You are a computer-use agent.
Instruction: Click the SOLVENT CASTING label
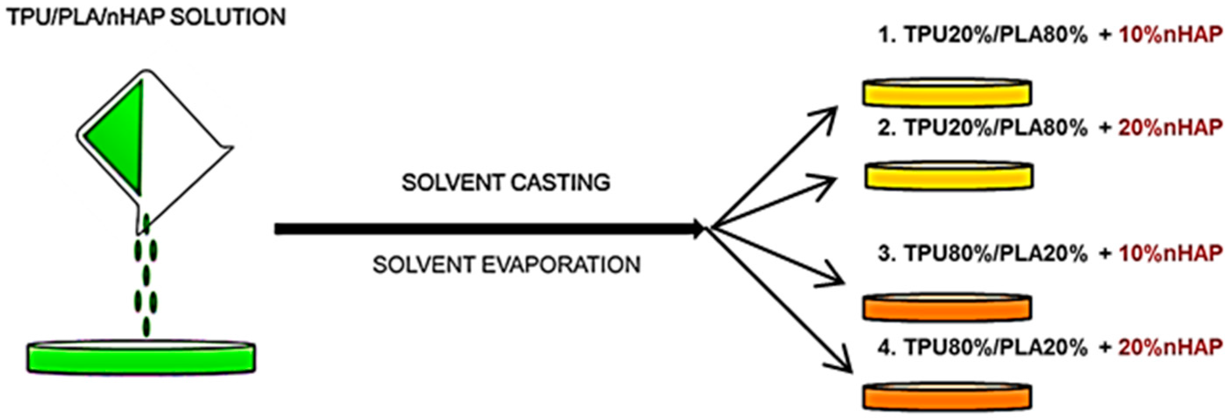(x=506, y=183)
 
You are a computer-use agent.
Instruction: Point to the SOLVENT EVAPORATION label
(x=507, y=265)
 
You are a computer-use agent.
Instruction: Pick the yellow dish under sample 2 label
(x=948, y=176)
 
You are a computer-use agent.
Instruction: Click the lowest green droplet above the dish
(x=147, y=327)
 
